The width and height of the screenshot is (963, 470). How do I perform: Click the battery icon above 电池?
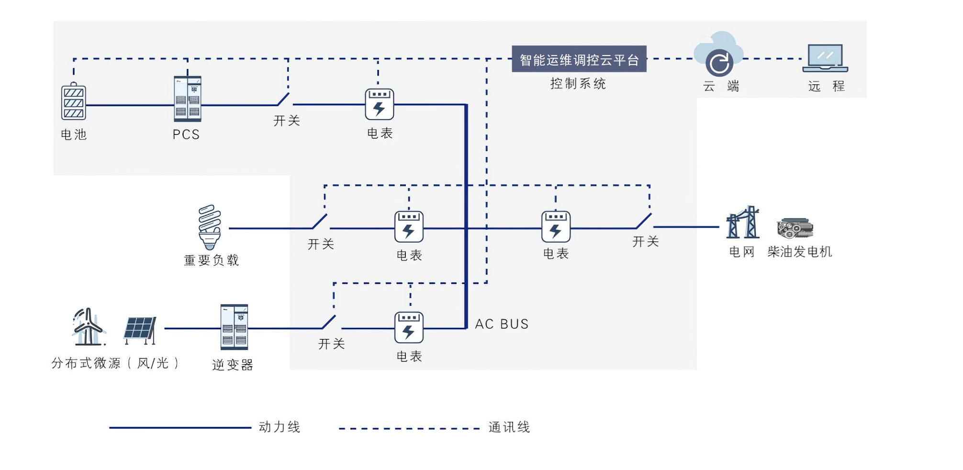click(x=73, y=101)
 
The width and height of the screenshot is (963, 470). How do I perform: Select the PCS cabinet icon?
click(x=188, y=99)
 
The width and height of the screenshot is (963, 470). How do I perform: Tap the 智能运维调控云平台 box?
click(x=579, y=59)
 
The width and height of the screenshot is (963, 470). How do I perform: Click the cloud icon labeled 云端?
click(x=718, y=55)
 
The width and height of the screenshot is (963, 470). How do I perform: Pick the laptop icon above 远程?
click(x=825, y=58)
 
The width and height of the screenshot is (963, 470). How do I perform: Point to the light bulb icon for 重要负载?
click(x=210, y=227)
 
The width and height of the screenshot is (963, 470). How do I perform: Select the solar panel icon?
click(x=140, y=330)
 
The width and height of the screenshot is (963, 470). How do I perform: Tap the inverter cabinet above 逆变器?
click(x=234, y=327)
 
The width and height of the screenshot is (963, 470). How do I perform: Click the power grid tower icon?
click(x=743, y=223)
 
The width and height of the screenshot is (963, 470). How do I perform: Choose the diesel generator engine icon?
click(x=795, y=228)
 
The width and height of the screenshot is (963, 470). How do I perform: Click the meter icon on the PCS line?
click(x=380, y=104)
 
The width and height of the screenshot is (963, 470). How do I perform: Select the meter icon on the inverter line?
click(x=409, y=328)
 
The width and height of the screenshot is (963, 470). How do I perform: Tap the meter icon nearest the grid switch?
click(x=556, y=227)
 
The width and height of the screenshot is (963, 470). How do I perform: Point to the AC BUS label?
click(x=502, y=324)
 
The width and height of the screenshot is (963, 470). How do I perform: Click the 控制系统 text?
click(x=578, y=84)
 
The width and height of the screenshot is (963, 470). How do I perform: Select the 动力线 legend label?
click(x=280, y=427)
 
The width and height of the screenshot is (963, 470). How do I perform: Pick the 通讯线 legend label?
click(x=509, y=427)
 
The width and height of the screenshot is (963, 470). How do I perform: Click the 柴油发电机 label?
click(x=799, y=252)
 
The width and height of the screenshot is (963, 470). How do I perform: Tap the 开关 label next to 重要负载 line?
click(x=321, y=244)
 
